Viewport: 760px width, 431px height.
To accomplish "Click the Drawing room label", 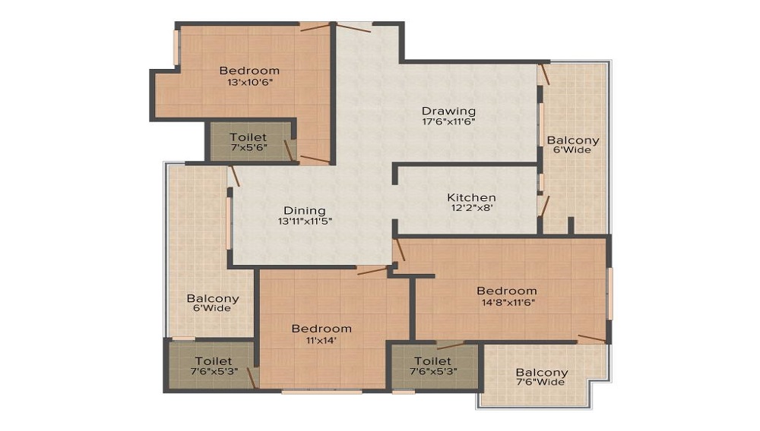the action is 448,111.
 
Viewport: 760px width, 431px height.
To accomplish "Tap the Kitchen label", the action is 471,197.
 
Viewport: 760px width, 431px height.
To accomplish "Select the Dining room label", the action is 305,211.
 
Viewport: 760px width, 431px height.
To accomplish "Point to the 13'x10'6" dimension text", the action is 249,82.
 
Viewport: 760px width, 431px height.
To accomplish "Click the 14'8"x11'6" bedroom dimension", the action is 508,303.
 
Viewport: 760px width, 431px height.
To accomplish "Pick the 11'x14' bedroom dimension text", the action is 321,340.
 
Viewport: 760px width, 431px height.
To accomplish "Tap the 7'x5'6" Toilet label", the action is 249,142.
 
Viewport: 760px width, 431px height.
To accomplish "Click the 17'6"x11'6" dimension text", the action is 448,122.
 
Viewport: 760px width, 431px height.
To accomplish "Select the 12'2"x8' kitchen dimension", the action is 472,208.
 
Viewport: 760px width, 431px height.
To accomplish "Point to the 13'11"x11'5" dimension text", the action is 305,222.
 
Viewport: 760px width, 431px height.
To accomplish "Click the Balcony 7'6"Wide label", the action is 541,377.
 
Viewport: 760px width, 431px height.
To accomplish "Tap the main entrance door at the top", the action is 354,27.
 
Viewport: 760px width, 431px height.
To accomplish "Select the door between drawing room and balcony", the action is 543,74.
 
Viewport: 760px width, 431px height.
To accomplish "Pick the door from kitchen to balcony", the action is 544,205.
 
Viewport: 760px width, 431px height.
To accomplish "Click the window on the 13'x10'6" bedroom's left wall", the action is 177,47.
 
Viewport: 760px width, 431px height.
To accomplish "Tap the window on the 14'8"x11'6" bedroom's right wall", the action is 610,294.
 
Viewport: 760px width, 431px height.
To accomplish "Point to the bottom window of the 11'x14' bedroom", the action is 321,392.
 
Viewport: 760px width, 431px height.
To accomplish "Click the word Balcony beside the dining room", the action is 213,298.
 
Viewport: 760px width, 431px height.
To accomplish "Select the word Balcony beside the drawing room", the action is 573,140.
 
